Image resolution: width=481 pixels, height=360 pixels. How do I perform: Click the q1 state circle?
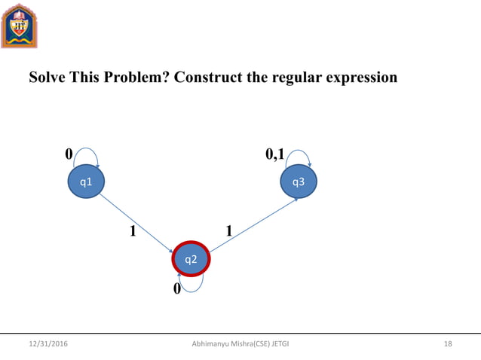pyautogui.click(x=86, y=182)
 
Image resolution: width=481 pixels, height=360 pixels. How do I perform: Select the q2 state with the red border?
pyautogui.click(x=191, y=260)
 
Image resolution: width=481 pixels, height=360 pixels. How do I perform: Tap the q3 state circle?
pyautogui.click(x=299, y=182)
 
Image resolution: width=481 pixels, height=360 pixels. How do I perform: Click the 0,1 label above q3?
pyautogui.click(x=275, y=154)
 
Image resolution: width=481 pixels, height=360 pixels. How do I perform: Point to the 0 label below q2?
pyautogui.click(x=177, y=289)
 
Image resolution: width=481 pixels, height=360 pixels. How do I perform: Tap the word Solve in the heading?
pyautogui.click(x=47, y=78)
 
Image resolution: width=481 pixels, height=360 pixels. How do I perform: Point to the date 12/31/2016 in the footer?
pyautogui.click(x=47, y=344)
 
